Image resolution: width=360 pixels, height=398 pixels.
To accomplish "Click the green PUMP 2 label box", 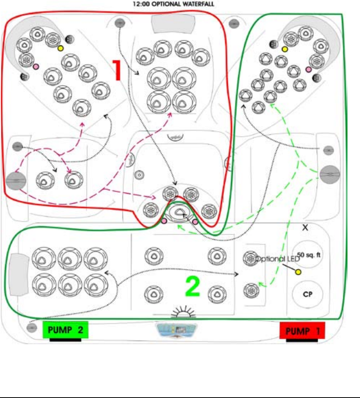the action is coord(65,330).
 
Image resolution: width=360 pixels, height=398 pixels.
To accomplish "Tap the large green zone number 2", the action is coord(193,287).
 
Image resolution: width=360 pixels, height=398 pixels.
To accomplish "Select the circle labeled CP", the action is coord(308,294).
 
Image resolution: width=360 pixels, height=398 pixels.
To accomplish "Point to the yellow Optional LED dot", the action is coord(298,272).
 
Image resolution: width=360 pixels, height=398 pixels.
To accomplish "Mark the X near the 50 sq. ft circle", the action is coord(305,228).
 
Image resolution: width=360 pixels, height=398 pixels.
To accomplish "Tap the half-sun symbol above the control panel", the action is coord(183,312).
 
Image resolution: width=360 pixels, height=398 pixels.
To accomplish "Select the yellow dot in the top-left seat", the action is coord(60,48).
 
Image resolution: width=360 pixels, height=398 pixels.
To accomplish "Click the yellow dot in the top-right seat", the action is coord(285,49).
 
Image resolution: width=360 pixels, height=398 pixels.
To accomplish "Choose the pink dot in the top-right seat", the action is coord(308,69).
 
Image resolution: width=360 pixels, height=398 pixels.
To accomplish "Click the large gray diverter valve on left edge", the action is coord(16,181).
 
